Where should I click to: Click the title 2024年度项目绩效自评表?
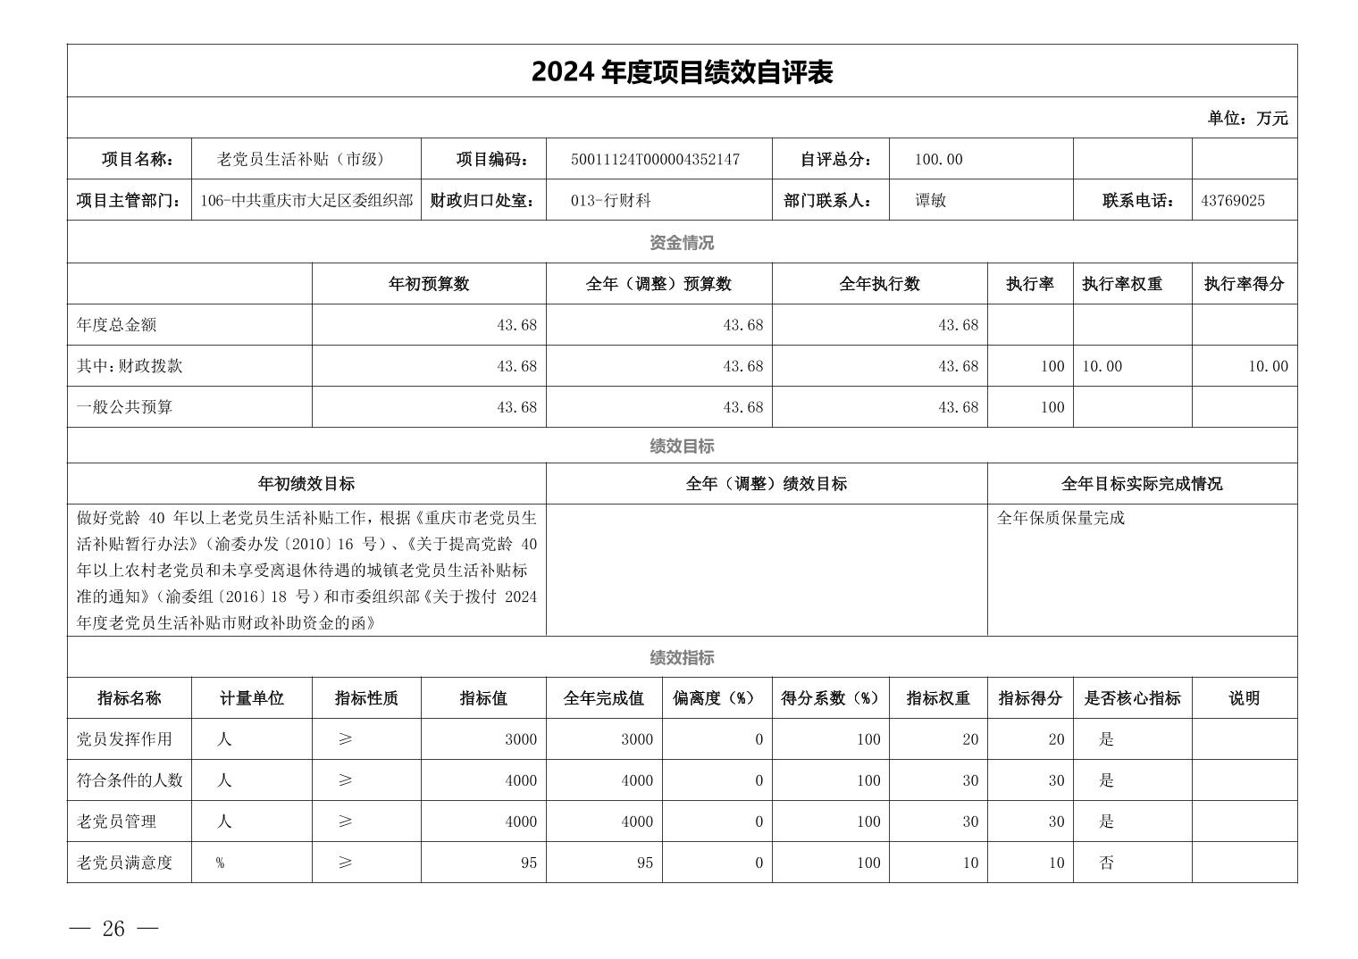[682, 72]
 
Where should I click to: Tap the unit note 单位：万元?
[1247, 118]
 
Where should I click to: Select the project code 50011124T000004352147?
[655, 160]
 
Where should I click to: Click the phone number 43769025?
[1232, 201]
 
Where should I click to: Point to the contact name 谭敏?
[930, 201]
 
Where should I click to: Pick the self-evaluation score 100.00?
[938, 160]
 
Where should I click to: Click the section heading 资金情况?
[682, 243]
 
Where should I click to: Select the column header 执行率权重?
[1121, 284]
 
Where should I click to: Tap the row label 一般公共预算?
[124, 407]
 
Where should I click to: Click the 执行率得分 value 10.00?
[1268, 366]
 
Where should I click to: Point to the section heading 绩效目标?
[682, 446]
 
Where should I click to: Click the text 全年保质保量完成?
[1060, 518]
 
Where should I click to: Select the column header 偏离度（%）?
[716, 698]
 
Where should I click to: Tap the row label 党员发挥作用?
[124, 739]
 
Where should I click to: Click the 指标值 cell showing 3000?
[521, 739]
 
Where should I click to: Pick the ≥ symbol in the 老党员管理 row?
[346, 821]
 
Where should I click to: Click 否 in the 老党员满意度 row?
[1106, 863]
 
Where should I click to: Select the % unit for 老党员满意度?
[220, 863]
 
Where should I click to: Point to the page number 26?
[113, 929]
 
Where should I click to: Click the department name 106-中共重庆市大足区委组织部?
[306, 201]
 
